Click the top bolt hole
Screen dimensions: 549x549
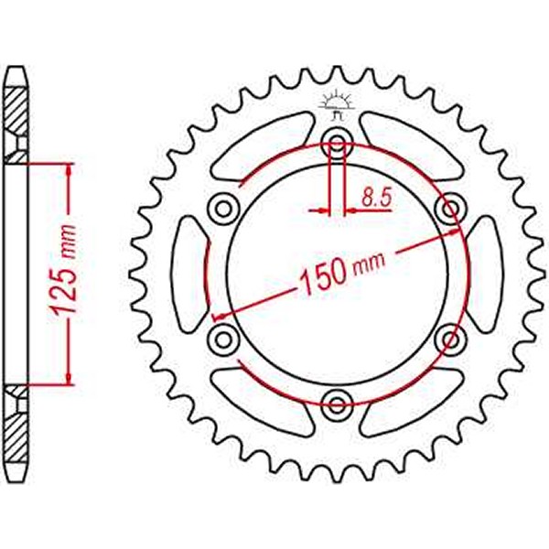pyautogui.click(x=336, y=142)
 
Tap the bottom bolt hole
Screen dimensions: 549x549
pyautogui.click(x=336, y=403)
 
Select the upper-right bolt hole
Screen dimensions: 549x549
pyautogui.click(x=449, y=208)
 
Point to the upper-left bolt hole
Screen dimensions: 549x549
pyautogui.click(x=222, y=208)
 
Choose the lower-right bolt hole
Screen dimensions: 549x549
pyautogui.click(x=449, y=339)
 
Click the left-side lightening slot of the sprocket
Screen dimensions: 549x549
pyautogui.click(x=189, y=274)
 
